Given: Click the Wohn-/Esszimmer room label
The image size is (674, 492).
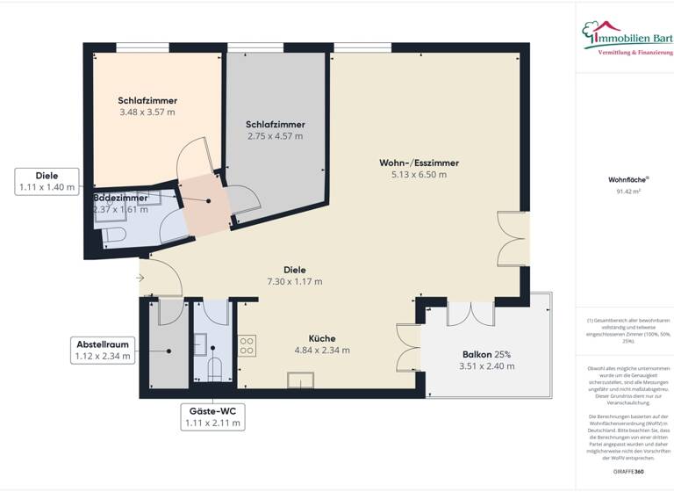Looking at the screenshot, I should tap(419, 163).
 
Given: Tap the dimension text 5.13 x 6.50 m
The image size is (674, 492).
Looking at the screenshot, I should tap(419, 175).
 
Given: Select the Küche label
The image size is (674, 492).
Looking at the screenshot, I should tap(321, 338).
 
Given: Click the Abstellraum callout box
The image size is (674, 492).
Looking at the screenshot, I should tap(102, 351).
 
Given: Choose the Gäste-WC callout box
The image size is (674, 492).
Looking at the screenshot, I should tap(212, 416).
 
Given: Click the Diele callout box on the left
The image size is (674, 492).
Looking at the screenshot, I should tap(47, 181).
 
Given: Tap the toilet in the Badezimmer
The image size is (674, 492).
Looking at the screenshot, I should tap(112, 235).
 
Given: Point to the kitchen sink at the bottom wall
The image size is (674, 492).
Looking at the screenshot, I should tap(301, 380).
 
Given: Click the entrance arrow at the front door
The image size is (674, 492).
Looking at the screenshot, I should tap(142, 279).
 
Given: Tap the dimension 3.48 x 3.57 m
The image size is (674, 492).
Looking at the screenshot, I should tap(147, 112).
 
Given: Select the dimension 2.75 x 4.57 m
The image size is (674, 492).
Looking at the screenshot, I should tap(275, 136).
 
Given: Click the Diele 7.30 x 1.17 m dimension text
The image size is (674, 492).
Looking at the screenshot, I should tap(294, 282).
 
